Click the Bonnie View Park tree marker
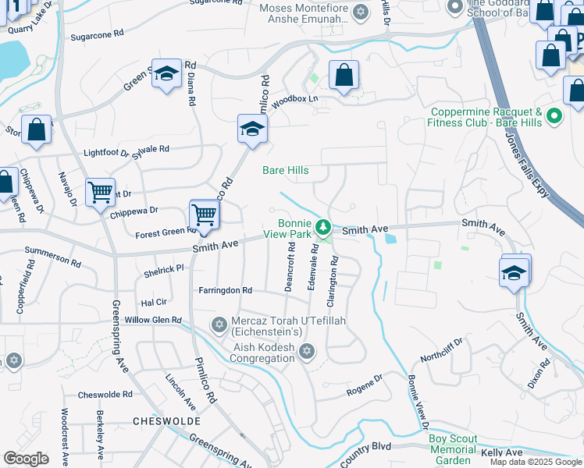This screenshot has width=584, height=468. (323, 228)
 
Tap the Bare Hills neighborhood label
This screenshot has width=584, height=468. (285, 170)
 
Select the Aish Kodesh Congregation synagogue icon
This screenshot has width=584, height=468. (307, 353)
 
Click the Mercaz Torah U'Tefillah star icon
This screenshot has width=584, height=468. (219, 323)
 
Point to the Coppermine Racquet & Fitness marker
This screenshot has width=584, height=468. (554, 117)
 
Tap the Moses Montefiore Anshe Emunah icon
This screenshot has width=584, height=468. (360, 11)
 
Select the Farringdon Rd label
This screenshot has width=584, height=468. (226, 290)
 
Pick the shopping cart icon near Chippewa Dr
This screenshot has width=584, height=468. (101, 191)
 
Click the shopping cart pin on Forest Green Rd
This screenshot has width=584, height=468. (204, 214)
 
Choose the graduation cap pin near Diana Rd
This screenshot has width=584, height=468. (166, 73)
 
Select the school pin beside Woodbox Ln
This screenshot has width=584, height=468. (252, 129)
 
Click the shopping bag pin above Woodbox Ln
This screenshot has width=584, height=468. (344, 75)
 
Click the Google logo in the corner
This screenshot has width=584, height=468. (26, 458)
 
